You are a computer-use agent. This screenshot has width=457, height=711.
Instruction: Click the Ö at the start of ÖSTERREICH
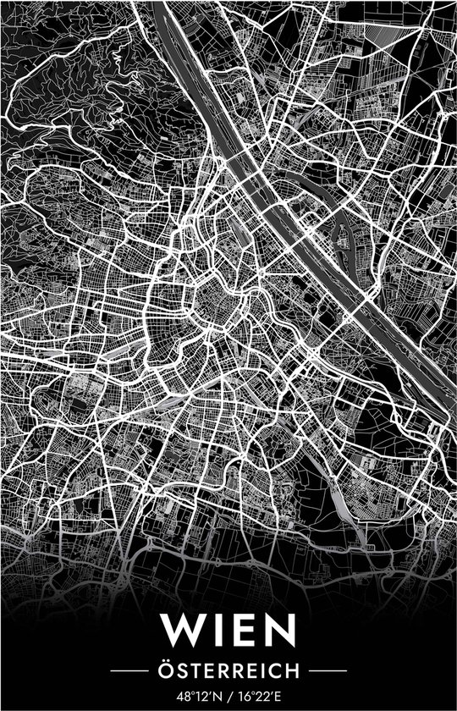(x=166, y=670)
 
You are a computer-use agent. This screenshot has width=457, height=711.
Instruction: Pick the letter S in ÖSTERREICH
(x=181, y=670)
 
